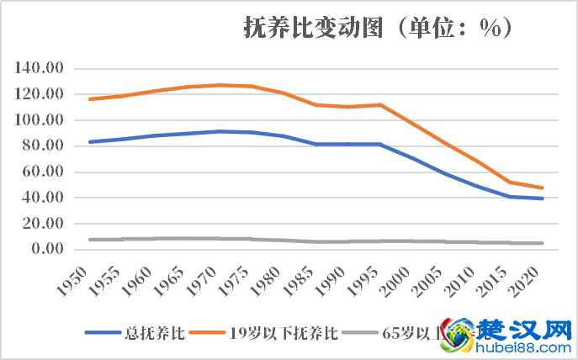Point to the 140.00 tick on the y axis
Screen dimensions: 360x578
point(40,68)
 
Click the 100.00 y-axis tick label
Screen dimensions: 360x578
point(40,120)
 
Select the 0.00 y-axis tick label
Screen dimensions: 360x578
point(47,249)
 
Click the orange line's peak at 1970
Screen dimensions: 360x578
point(219,85)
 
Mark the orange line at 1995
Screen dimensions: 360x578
point(381,105)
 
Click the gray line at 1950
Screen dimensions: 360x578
point(89,240)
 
